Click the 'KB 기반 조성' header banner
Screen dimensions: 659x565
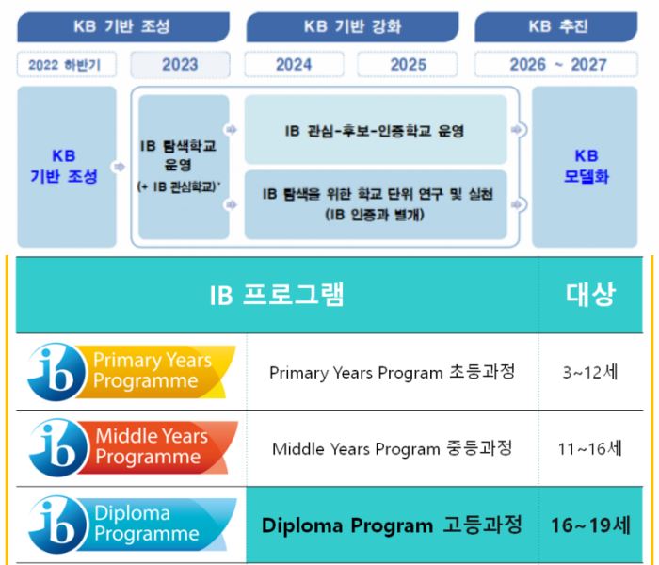pos(123,27)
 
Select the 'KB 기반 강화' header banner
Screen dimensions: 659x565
pos(352,27)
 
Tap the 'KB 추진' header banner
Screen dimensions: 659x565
pos(556,27)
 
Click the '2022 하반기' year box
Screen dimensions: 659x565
pos(67,65)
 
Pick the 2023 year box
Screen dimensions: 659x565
pos(181,65)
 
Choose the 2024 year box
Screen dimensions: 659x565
pos(294,65)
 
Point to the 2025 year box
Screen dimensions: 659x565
pos(408,65)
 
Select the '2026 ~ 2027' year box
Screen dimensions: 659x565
pos(556,65)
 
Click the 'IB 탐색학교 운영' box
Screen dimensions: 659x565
pos(184,167)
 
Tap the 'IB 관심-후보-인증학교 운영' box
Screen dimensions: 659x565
pos(376,130)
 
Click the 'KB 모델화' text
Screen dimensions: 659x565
pos(586,167)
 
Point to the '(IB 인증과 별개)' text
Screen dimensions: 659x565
pos(375,216)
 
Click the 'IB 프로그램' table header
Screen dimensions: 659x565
pos(278,295)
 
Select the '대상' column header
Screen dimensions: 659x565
pos(590,295)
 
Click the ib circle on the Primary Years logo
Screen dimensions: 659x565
pos(56,372)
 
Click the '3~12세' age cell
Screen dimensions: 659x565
pos(590,372)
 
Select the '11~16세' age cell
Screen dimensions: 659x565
pos(590,448)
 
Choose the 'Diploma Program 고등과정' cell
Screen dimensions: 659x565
pos(393,525)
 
